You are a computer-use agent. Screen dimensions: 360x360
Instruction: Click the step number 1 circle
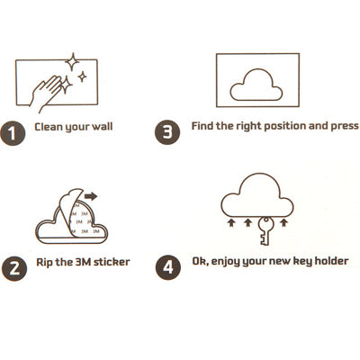pos(13,133)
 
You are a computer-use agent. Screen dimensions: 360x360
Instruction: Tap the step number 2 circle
pos(14,268)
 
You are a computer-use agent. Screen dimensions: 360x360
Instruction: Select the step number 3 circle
pos(167,132)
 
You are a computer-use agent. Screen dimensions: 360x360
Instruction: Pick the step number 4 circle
pos(168,267)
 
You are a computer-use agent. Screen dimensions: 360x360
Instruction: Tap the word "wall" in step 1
pos(102,126)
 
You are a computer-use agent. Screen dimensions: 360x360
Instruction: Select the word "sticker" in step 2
pos(112,262)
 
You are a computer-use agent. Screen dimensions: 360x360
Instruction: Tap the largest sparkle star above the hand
pos(72,62)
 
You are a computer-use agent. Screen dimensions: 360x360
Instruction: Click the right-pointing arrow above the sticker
pos(91,196)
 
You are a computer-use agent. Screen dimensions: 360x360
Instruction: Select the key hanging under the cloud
pos(265,231)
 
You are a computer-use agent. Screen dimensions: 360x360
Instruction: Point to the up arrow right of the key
pos(283,222)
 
